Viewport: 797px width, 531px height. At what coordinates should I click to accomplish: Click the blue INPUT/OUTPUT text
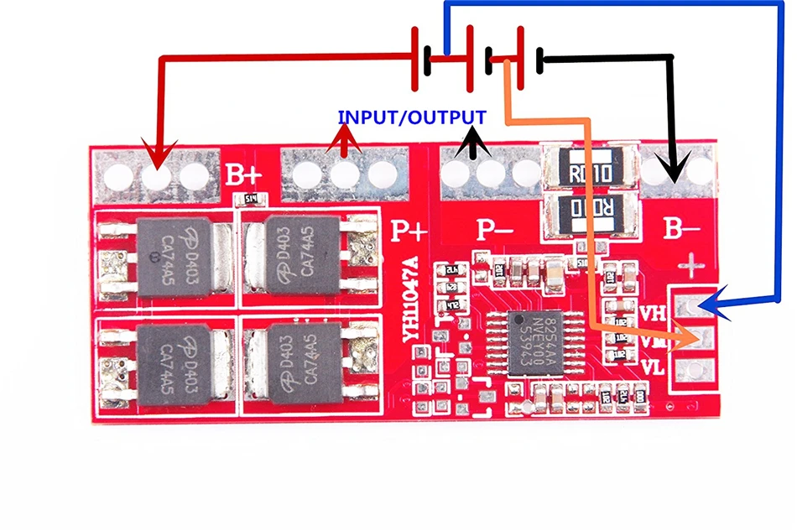(411, 117)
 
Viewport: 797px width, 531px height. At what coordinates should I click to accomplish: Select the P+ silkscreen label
(409, 229)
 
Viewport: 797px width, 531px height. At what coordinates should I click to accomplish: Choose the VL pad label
(654, 367)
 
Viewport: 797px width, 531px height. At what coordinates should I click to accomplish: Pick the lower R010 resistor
(587, 210)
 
